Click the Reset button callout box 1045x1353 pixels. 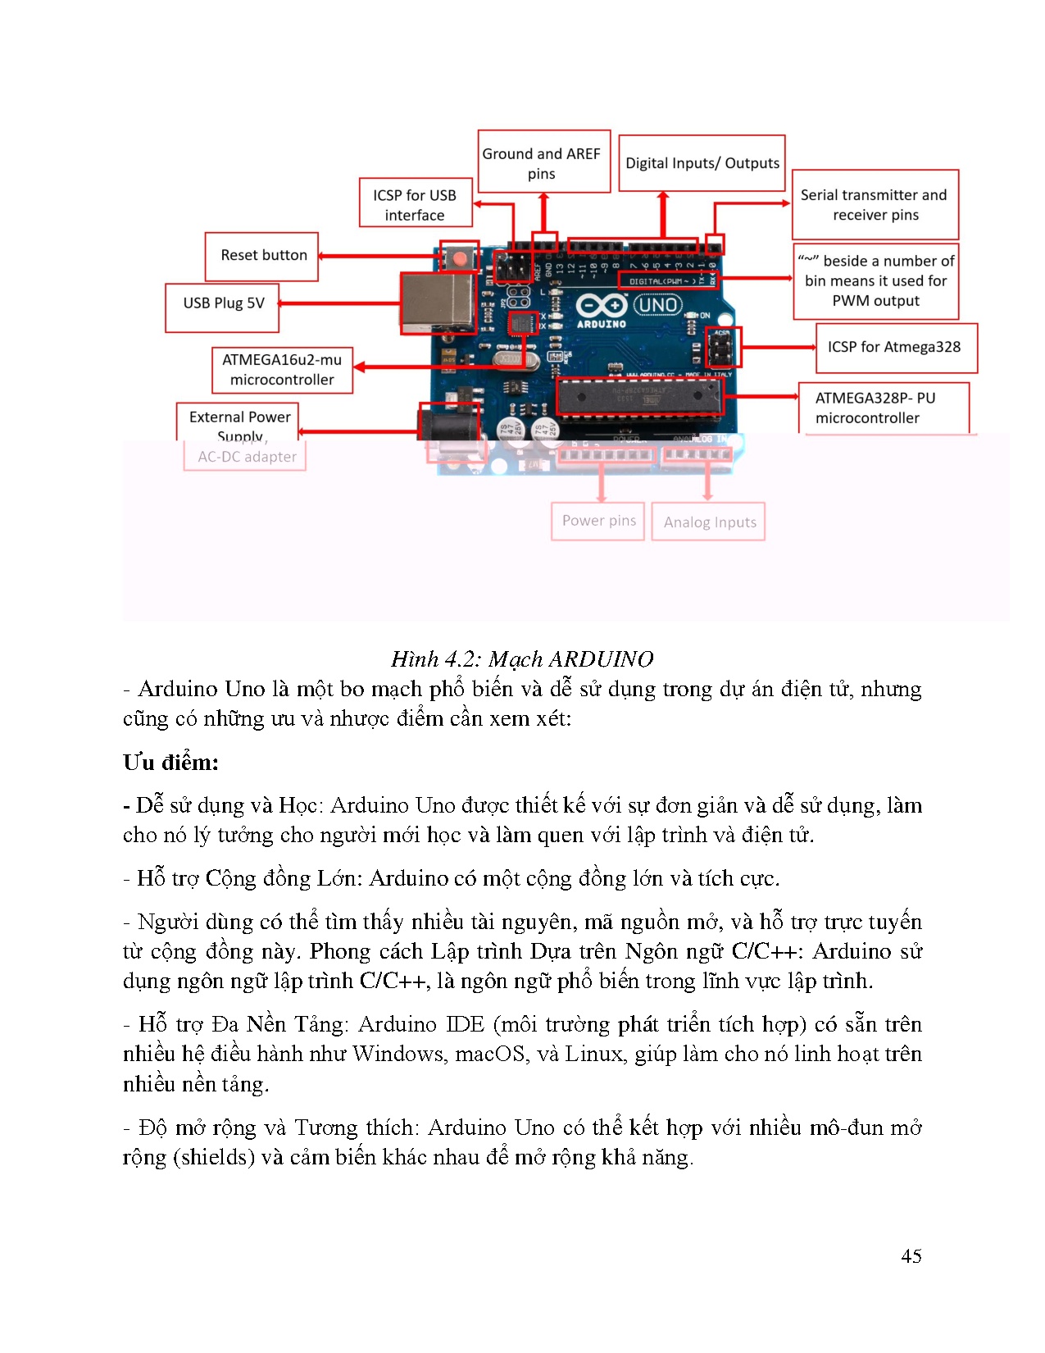point(262,256)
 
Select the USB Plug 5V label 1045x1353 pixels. point(223,303)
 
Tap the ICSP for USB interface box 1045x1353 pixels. point(415,205)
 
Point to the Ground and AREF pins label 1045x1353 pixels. point(542,163)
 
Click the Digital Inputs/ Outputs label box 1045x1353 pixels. point(702,163)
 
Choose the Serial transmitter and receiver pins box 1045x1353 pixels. point(875,205)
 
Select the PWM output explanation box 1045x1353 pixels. point(875,281)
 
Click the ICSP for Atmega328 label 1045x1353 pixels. point(894,347)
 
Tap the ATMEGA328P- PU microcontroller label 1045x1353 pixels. point(875,408)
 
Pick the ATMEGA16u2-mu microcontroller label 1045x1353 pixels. point(282,370)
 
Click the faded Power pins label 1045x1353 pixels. point(598,521)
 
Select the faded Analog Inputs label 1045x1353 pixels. point(710,522)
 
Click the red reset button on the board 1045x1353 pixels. point(461,259)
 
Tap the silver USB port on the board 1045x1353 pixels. point(437,303)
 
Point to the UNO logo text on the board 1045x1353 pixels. point(657,305)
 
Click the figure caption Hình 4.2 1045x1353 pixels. point(521,659)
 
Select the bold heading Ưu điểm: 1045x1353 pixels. point(170,763)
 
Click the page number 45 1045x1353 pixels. point(911,1256)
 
